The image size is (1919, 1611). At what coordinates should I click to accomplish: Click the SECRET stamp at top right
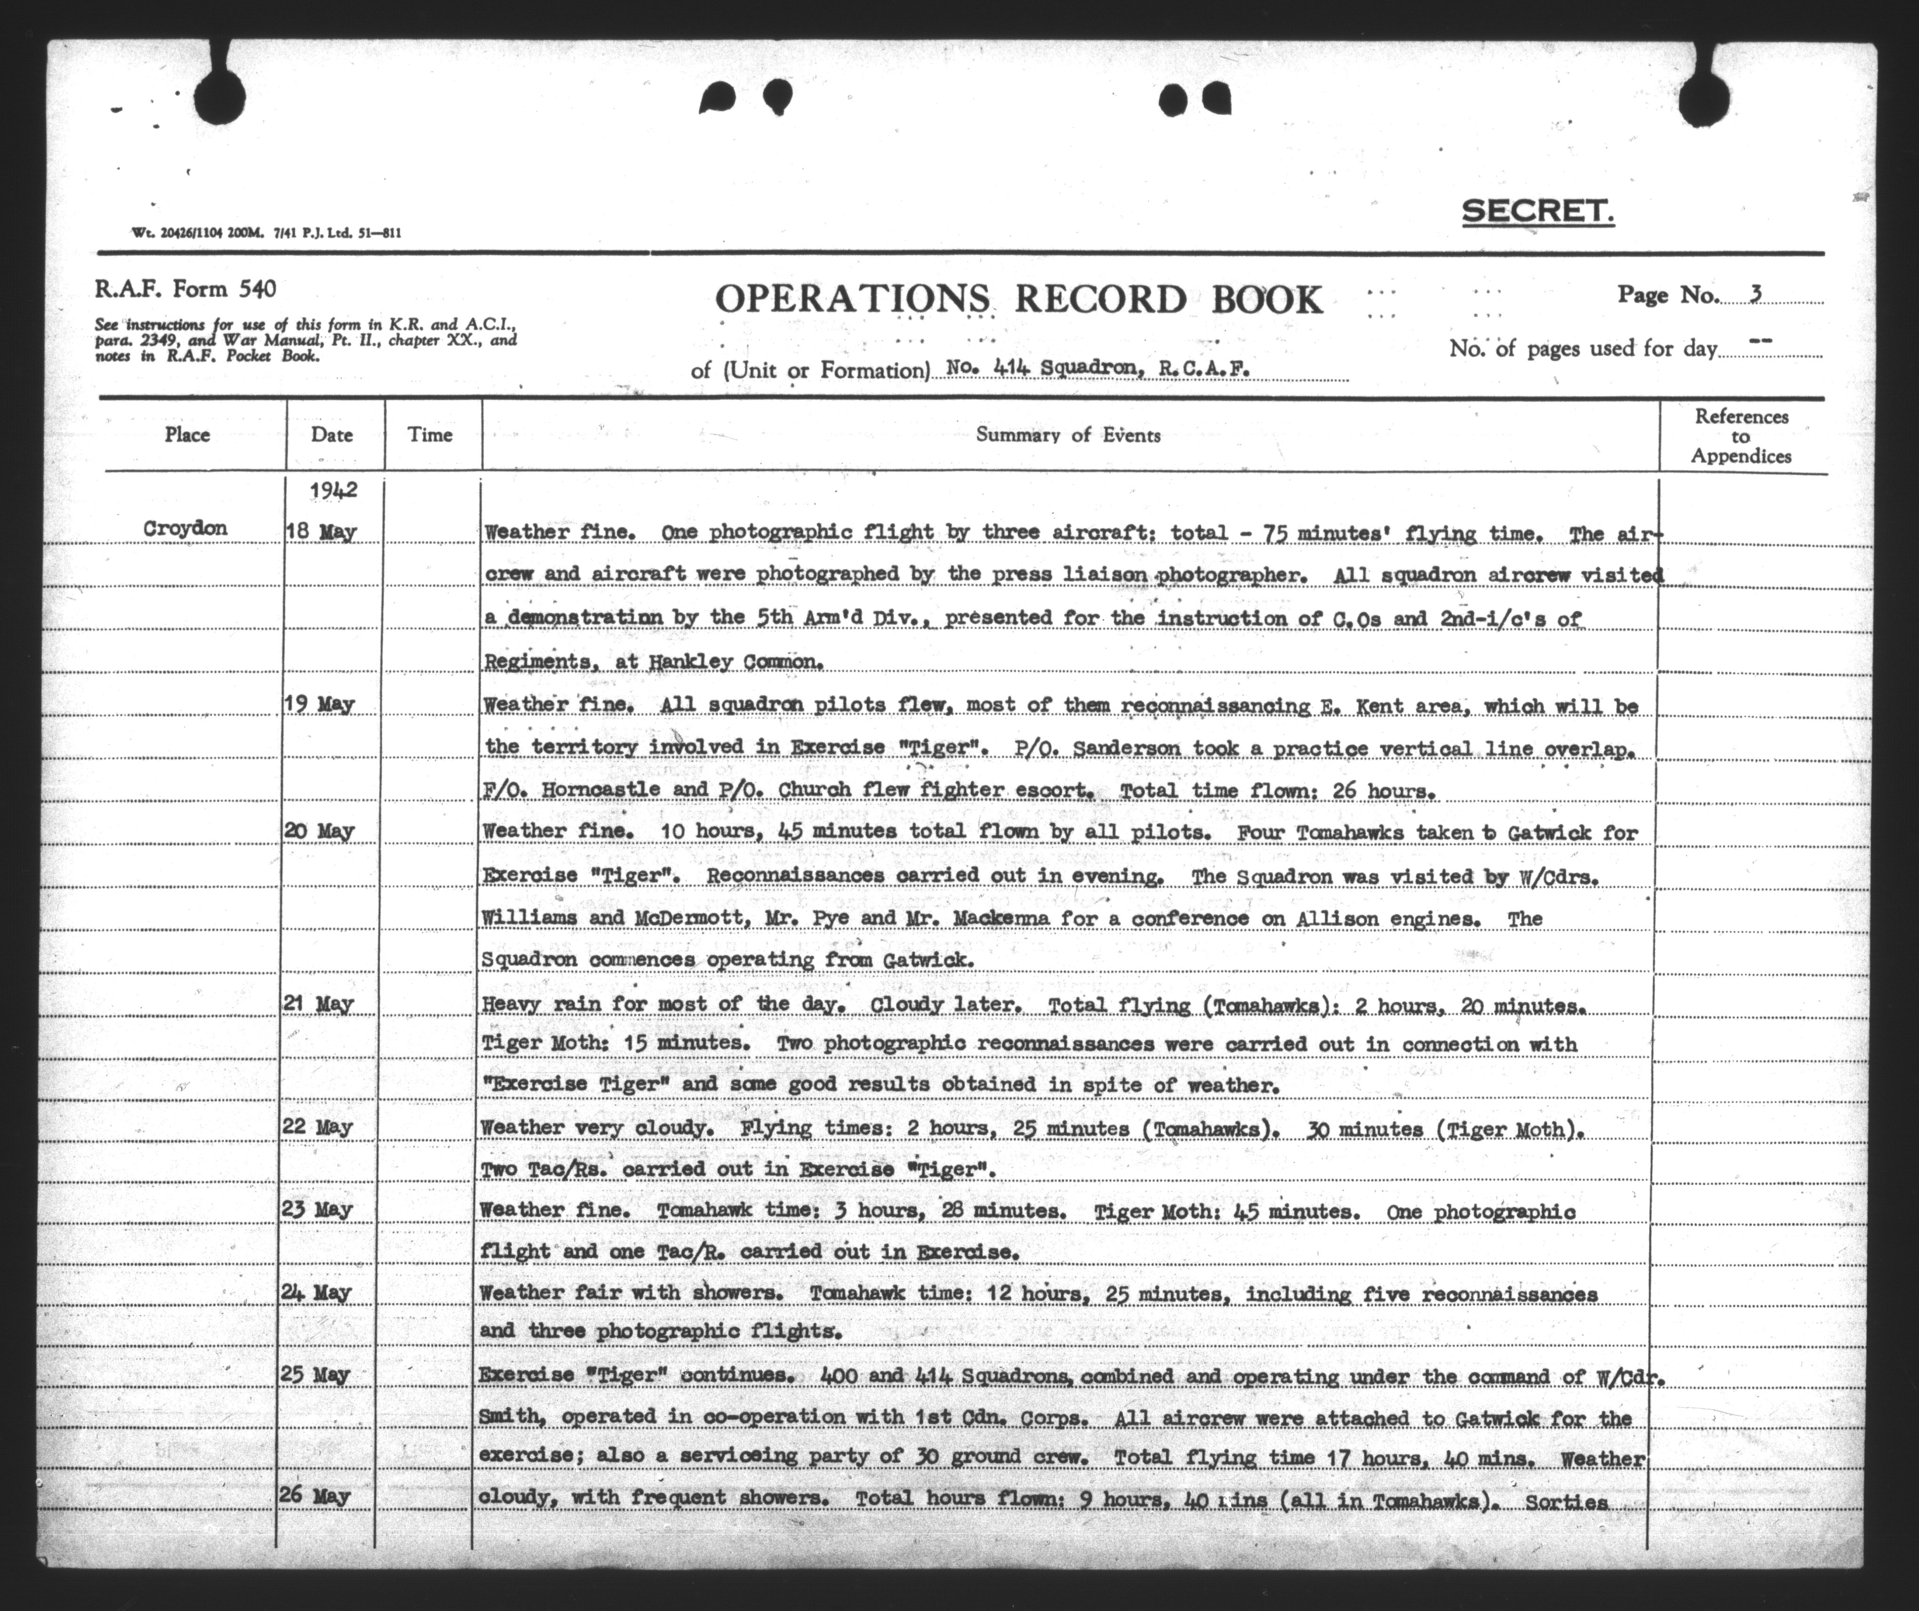click(1537, 212)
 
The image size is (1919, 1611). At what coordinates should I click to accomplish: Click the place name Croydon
click(185, 528)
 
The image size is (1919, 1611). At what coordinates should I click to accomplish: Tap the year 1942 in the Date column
click(333, 490)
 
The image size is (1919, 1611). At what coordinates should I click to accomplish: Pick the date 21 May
click(318, 1004)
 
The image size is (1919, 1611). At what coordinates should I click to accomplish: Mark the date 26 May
click(316, 1496)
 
